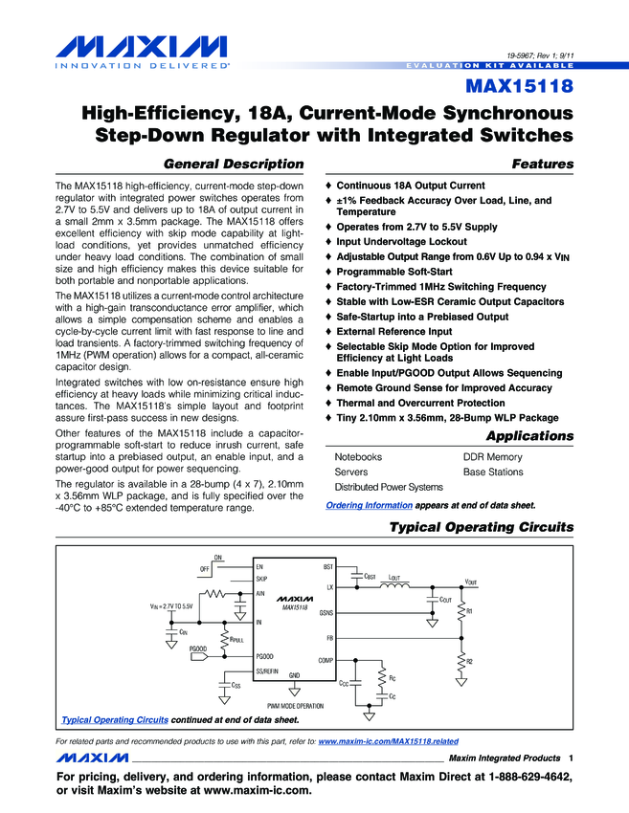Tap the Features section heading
point(543,165)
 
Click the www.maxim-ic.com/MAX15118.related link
point(388,741)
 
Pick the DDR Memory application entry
point(492,457)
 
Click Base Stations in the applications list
point(493,472)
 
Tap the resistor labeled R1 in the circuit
point(462,610)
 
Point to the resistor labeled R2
point(462,661)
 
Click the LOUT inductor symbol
point(394,586)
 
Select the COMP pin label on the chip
point(324,661)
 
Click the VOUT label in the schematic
point(471,582)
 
